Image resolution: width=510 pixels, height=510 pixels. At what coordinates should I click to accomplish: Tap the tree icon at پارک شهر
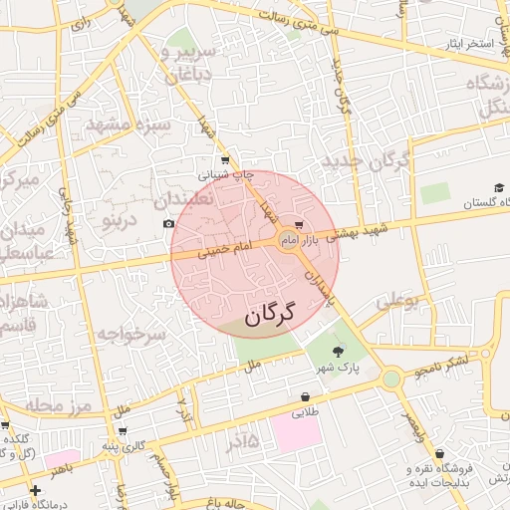tap(336, 350)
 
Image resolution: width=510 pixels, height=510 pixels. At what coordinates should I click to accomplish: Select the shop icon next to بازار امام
tap(300, 225)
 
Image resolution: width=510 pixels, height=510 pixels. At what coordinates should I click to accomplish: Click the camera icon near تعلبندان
tap(168, 223)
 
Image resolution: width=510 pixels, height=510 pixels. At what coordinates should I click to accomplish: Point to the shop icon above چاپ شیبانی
tap(224, 159)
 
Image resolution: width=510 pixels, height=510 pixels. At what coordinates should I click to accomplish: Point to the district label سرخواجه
tap(130, 333)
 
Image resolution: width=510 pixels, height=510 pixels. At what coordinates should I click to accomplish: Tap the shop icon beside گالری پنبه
tap(122, 431)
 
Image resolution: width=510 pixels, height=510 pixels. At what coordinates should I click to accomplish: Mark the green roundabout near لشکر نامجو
tap(391, 378)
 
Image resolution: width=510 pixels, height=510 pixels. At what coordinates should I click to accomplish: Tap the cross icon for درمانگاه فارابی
tap(36, 490)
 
